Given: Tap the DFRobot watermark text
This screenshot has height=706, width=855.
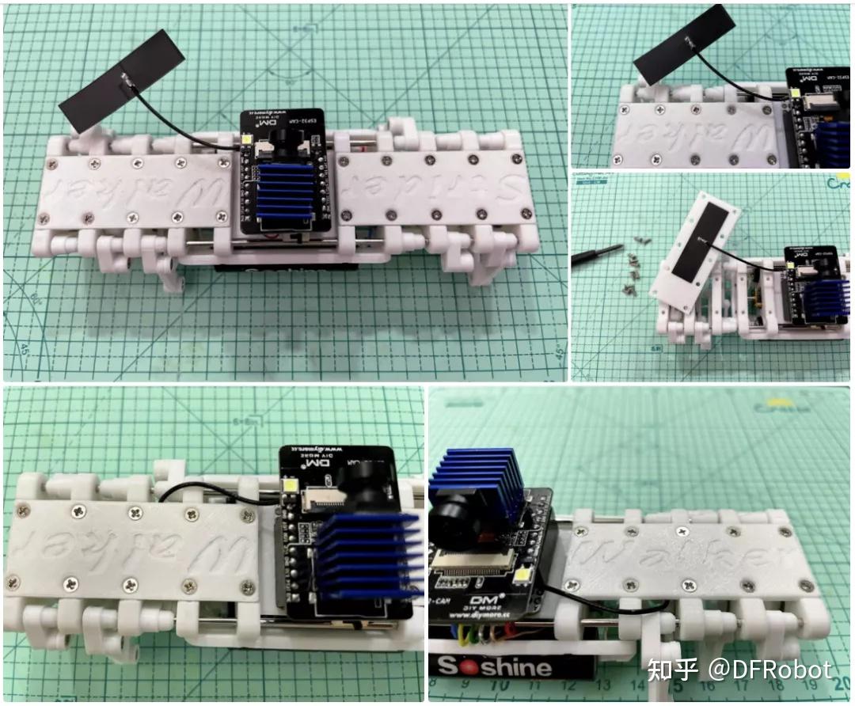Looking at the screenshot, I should [739, 671].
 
